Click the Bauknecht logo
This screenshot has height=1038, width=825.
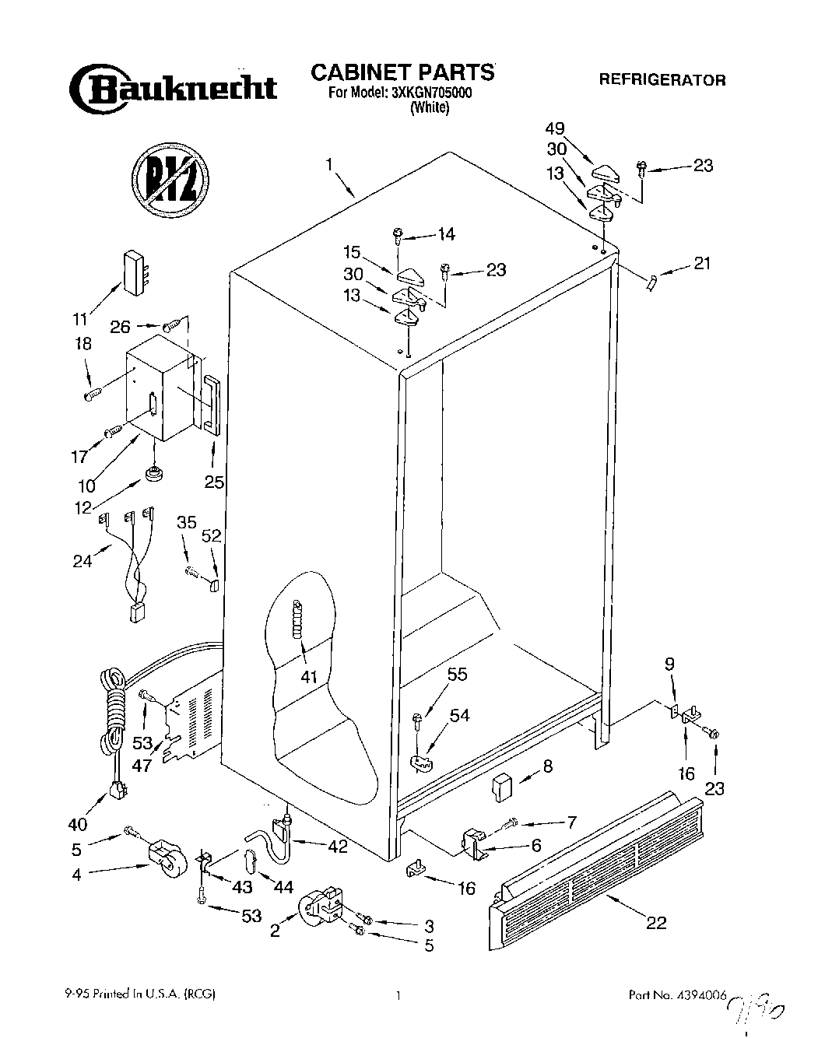173,87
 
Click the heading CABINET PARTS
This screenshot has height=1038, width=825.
402,72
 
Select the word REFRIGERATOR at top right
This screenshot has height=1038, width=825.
662,79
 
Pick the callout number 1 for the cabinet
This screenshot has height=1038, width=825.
330,164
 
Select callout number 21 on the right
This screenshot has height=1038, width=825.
702,264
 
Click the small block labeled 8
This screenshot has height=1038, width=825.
500,785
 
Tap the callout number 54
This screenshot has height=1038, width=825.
459,715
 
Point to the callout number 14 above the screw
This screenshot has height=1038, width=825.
447,234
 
